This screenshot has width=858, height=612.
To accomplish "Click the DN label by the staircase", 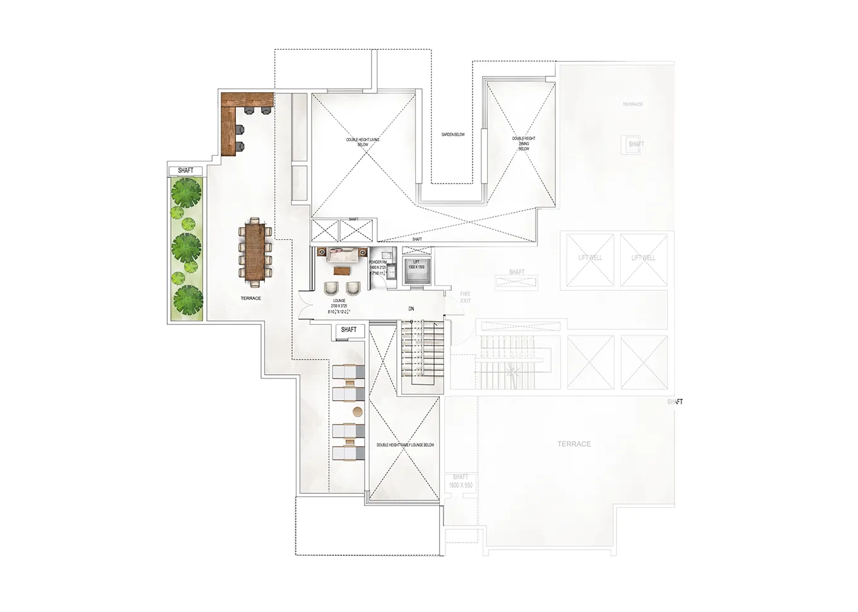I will pos(411,309).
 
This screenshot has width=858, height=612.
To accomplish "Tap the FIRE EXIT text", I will pos(465,297).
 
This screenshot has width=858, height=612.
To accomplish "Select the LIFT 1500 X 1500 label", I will pos(416,264).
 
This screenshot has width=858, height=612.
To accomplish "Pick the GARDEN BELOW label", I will pos(452,134).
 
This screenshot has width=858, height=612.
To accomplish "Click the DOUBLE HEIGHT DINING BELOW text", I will pos(524,143).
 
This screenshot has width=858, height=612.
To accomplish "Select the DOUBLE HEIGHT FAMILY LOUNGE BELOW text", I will pos(405,445).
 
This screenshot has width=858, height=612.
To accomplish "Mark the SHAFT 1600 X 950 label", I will pos(460,481).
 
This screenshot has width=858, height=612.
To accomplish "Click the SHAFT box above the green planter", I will pos(185,170).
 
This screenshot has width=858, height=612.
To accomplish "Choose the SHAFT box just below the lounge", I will pos(348,329).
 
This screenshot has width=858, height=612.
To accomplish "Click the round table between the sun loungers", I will pos(357,412).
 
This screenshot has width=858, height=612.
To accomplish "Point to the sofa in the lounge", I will pos(341,254).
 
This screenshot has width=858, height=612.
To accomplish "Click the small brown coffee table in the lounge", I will pos(341,271).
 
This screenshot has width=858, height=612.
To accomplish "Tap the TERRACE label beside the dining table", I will pos(250,298).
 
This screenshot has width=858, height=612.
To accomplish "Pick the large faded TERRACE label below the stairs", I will pos(574,444).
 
